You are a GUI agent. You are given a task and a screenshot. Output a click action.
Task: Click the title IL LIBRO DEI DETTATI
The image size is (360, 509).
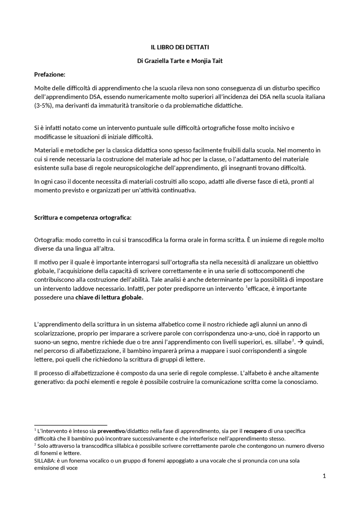tap(180, 47)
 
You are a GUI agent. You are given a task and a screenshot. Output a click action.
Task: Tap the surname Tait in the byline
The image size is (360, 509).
tap(217, 61)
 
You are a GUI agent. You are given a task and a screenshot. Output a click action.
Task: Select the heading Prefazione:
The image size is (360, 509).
tap(50, 74)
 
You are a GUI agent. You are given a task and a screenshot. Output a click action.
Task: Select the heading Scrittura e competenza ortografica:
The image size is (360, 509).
tap(83, 218)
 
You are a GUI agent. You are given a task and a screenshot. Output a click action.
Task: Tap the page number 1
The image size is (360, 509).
tap(324, 476)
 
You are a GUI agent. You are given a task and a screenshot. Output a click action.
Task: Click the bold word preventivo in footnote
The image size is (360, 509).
tap(111, 431)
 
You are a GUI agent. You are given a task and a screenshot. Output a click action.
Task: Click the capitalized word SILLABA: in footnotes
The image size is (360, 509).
tap(44, 461)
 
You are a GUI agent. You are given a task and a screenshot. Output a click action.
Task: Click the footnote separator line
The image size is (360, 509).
tap(71, 425)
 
